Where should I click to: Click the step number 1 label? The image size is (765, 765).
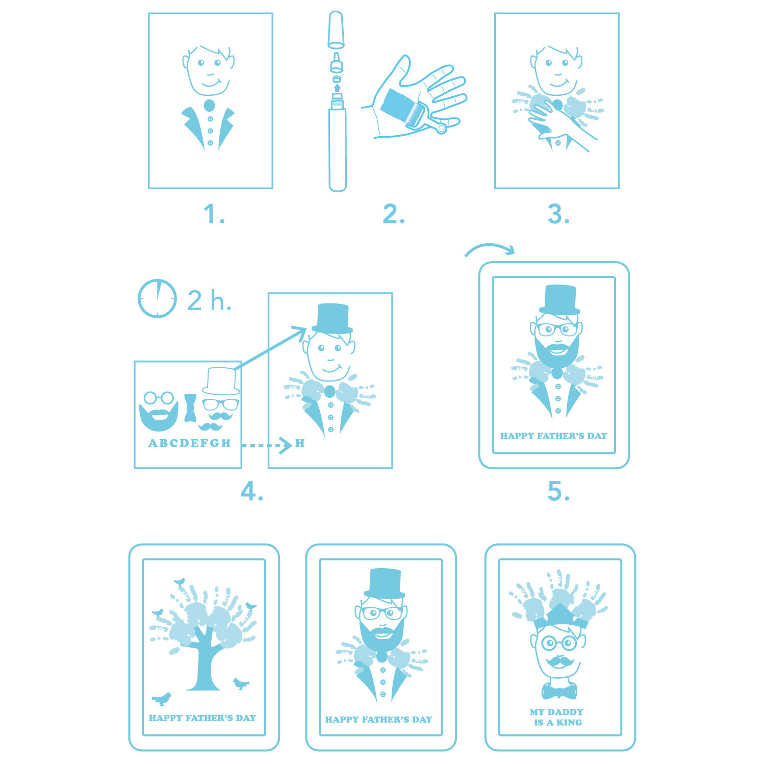[x=214, y=214]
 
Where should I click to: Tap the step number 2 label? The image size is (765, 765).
[x=394, y=214]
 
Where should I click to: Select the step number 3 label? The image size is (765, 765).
[x=558, y=214]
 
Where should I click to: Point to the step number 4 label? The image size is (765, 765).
[x=252, y=492]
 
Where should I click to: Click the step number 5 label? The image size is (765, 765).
[x=558, y=492]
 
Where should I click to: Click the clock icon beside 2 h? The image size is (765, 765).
[x=158, y=298]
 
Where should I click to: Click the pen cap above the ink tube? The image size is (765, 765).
[x=336, y=29]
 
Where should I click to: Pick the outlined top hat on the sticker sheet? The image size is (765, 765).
[x=221, y=381]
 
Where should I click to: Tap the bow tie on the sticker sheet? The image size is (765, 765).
[x=190, y=407]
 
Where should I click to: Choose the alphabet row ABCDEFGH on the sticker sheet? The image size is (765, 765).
[x=190, y=443]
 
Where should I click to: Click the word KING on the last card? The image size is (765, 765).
[x=569, y=723]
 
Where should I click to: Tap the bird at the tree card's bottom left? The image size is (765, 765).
[x=162, y=699]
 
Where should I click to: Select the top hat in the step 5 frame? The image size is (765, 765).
[x=559, y=300]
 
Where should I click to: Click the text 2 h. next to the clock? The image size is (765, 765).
[x=209, y=300]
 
